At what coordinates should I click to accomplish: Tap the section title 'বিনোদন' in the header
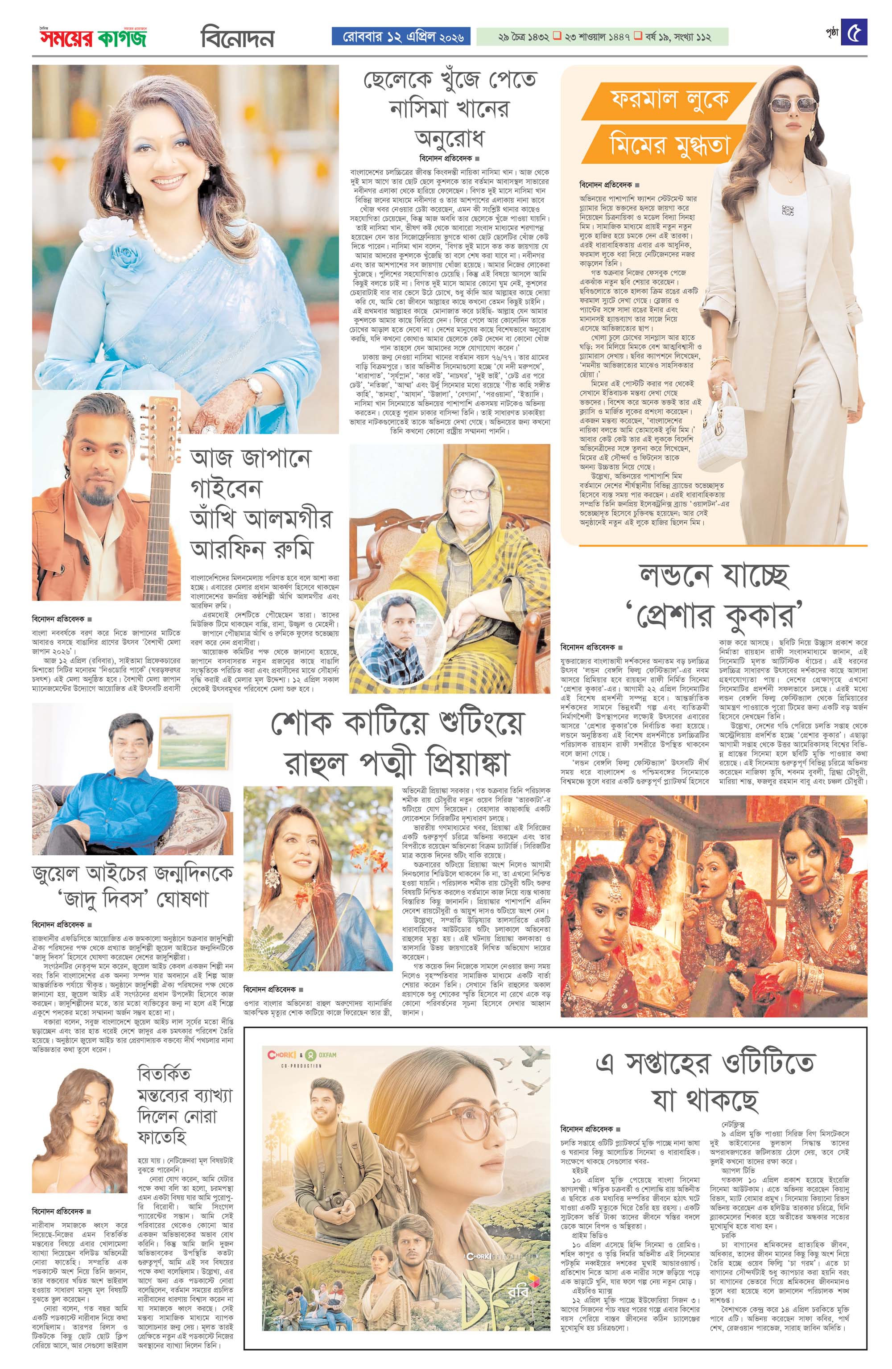[237, 38]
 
